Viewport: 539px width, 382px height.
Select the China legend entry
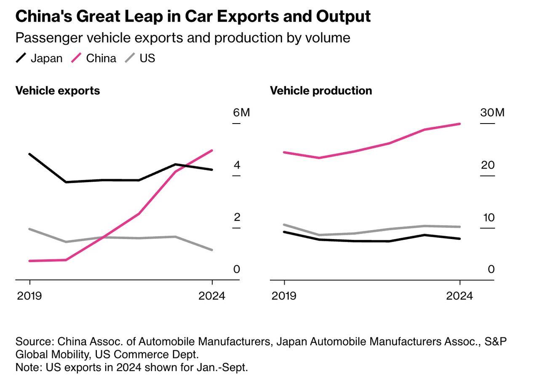point(94,58)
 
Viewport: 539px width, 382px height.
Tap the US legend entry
point(140,58)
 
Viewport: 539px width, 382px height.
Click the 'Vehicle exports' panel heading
point(58,91)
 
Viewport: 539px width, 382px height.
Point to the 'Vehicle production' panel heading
point(321,91)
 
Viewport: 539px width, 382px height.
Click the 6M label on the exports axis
point(241,113)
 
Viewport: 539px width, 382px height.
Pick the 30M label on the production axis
point(492,113)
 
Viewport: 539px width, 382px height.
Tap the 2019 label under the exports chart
point(29,296)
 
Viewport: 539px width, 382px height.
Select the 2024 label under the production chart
point(459,296)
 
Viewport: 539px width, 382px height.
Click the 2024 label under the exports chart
point(212,296)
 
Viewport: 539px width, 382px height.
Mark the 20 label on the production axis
point(488,165)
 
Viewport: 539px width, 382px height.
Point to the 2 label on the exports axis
point(237,217)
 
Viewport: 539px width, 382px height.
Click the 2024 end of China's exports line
point(212,151)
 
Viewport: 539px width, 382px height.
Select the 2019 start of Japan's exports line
point(29,154)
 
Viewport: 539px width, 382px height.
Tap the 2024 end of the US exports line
point(212,250)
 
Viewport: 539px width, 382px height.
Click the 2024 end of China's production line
point(459,124)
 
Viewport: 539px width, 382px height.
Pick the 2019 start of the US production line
point(284,225)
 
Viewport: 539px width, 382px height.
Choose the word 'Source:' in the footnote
point(35,341)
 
